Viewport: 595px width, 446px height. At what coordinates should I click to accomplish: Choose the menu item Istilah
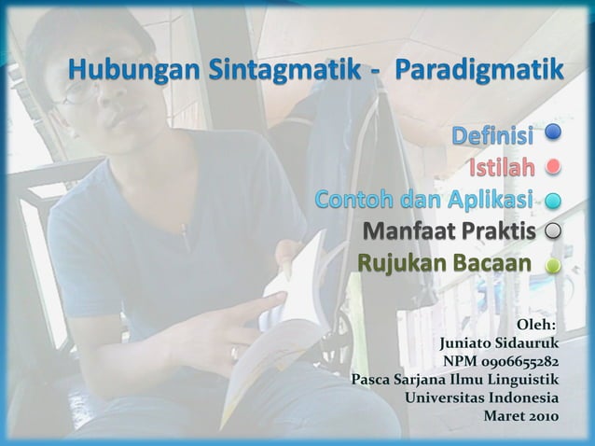pyautogui.click(x=501, y=169)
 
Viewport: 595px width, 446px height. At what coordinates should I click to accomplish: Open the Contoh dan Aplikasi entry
pyautogui.click(x=424, y=200)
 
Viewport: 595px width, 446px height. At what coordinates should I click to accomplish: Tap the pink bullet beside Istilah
pyautogui.click(x=553, y=169)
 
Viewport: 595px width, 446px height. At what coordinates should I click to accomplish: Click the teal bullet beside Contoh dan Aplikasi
pyautogui.click(x=553, y=200)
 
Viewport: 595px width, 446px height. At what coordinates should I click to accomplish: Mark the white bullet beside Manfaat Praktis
pyautogui.click(x=553, y=230)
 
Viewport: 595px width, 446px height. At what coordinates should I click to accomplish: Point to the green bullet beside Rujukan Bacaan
pyautogui.click(x=553, y=264)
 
